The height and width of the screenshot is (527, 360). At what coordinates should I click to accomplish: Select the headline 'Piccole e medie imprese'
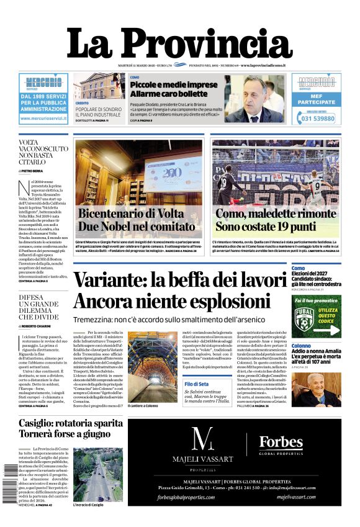pyautogui.click(x=165, y=84)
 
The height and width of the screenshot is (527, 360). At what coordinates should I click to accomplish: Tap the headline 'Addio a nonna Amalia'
pyautogui.click(x=315, y=351)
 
